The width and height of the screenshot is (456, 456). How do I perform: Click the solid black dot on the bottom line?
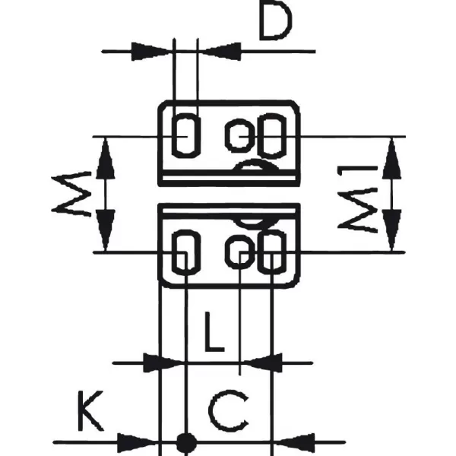186,442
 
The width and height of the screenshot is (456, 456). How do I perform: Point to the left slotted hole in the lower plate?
186,230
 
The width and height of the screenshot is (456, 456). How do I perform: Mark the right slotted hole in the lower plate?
272,230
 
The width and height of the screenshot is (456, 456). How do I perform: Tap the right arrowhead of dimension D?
222,52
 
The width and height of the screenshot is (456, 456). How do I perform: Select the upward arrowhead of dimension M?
106,158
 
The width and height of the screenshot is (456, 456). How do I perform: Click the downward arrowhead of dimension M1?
391,230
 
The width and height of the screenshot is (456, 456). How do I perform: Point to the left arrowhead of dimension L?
163,363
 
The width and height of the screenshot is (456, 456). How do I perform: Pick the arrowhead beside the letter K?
138,442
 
